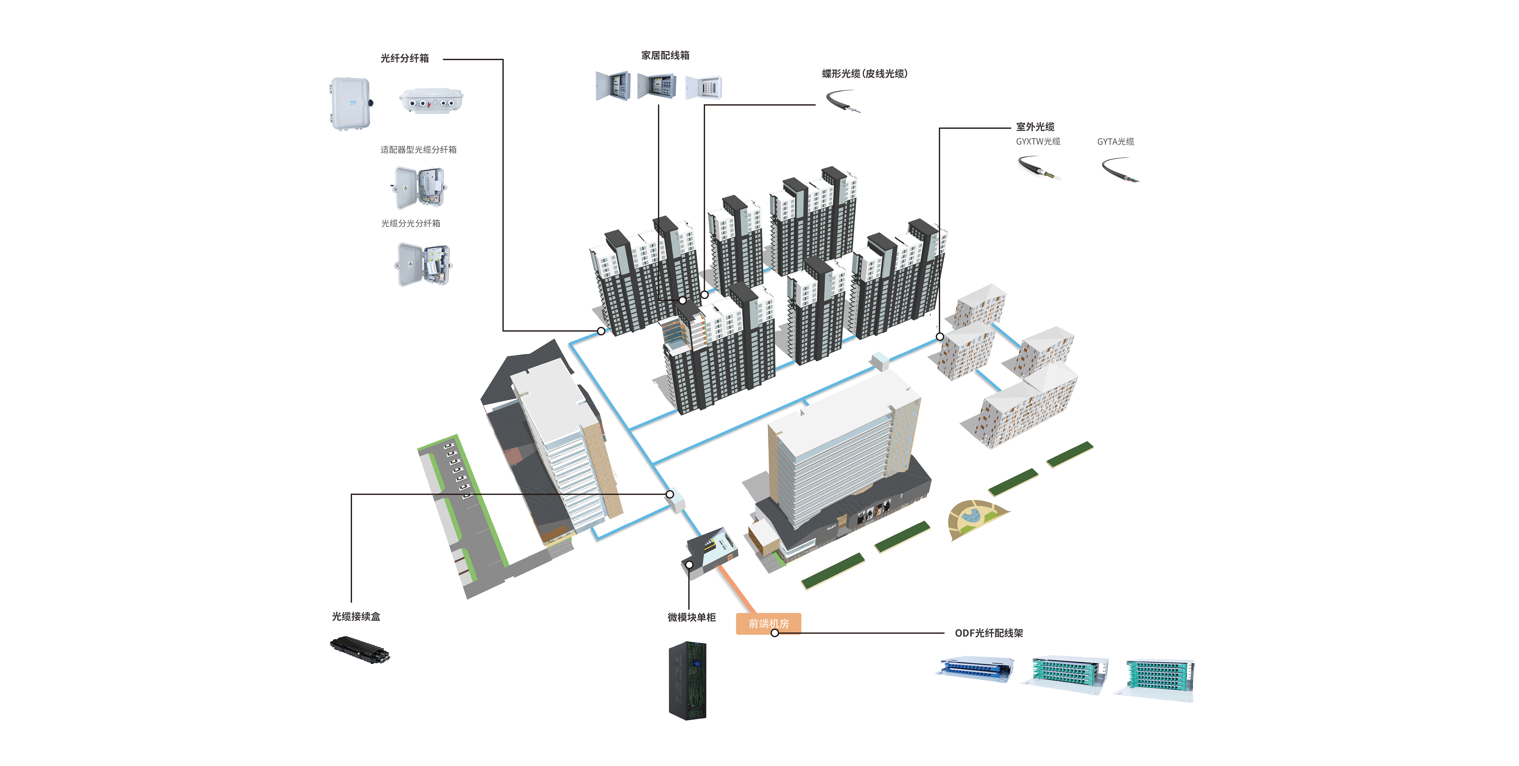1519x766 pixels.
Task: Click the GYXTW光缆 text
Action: click(1038, 142)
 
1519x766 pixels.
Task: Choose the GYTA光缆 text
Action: click(1115, 142)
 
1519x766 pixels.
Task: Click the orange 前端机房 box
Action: click(768, 623)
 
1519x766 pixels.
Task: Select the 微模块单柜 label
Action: click(691, 617)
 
